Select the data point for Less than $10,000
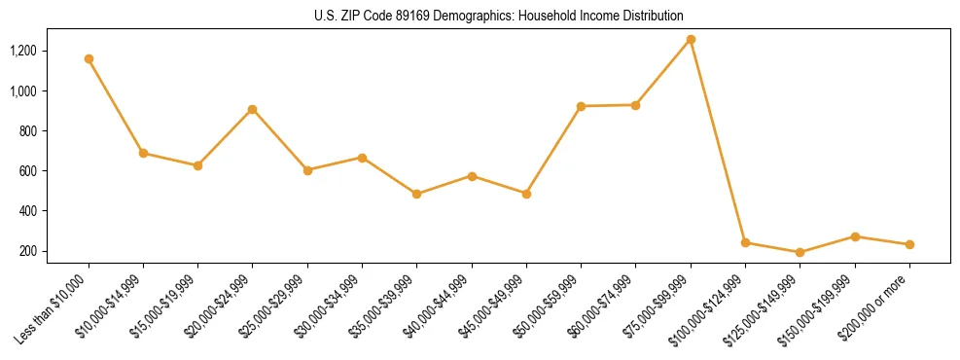click(89, 58)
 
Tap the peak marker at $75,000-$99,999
click(691, 39)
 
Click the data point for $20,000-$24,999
click(253, 109)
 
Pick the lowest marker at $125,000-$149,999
click(800, 252)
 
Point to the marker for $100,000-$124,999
click(745, 242)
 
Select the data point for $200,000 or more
click(909, 244)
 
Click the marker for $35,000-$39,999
click(417, 194)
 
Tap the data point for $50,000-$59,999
click(581, 106)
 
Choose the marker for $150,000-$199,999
click(855, 236)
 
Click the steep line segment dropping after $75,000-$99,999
click(718, 141)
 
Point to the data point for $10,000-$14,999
click(144, 153)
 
